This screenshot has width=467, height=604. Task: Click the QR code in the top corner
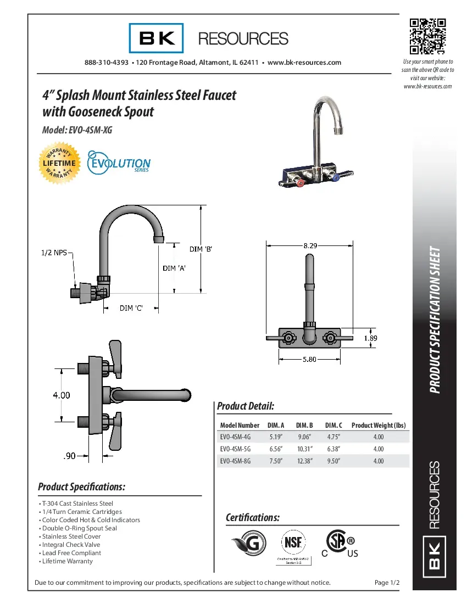point(427,36)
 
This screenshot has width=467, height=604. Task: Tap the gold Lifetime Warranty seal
point(60,163)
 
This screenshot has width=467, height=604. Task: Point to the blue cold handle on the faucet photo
point(336,177)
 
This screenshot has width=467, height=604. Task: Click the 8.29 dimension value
point(310,246)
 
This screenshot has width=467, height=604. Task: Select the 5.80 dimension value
point(309,360)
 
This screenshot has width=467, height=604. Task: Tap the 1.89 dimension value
point(370,339)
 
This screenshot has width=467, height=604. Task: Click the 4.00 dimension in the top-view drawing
point(61,395)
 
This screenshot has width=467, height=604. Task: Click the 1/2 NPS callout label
point(54,253)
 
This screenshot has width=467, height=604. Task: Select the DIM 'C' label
point(131,308)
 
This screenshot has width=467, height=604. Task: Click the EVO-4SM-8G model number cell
point(235,461)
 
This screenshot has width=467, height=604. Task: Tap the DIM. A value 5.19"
point(276,437)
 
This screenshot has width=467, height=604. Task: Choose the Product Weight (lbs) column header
point(378,426)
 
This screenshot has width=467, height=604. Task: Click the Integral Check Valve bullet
point(71,545)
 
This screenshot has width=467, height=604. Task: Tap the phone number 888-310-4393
point(107,63)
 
